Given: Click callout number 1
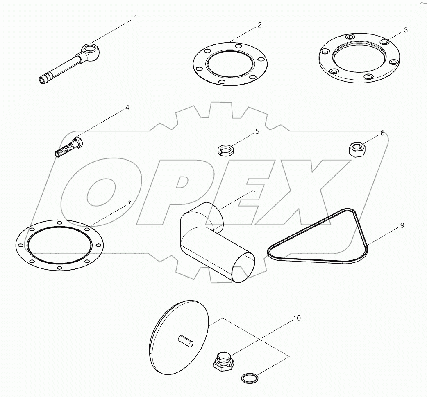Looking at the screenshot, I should coord(136,18).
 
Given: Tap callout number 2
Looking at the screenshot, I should coord(259,25).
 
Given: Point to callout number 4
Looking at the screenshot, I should coord(127,108).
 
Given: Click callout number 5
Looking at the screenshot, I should coord(257,131).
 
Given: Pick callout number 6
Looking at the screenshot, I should coord(382,133).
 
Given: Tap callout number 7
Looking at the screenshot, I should coord(129,203).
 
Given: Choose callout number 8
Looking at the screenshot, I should coord(253,190).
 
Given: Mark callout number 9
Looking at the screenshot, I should coord(402,225).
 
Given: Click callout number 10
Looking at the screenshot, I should coord(297,318).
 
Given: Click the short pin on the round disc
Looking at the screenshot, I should coord(185,340).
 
